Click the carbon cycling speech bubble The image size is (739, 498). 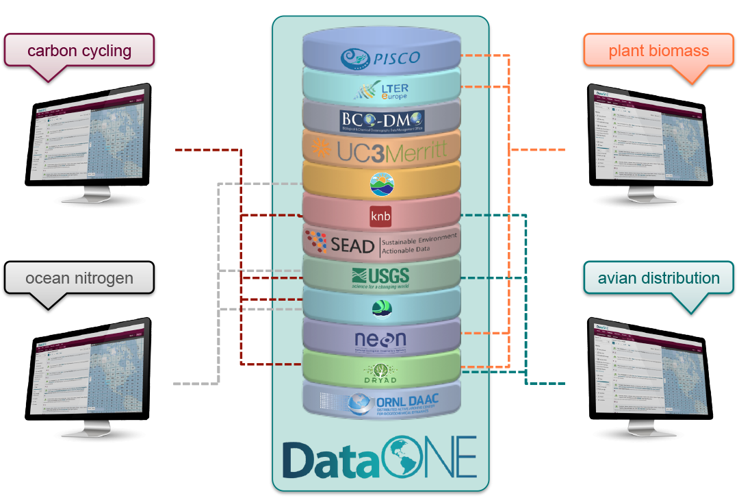point(79,51)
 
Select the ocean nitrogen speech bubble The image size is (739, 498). point(79,278)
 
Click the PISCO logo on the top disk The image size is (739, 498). point(380,58)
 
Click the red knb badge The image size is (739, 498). point(381,216)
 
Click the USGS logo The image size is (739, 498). point(380,277)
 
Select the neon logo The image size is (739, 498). point(380,339)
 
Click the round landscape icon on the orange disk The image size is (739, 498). point(381,183)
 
